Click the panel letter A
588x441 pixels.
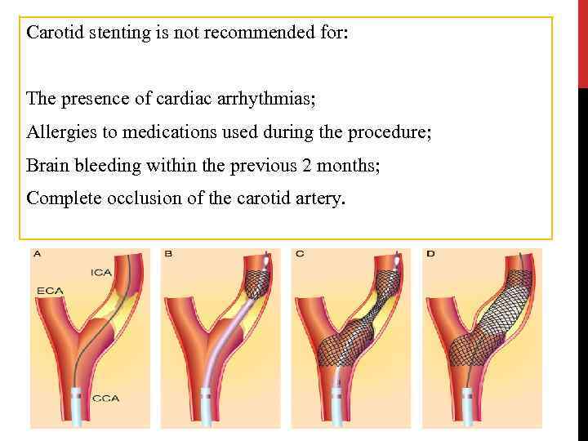(x=38, y=254)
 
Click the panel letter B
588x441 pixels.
(x=167, y=254)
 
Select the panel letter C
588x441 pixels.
(x=299, y=254)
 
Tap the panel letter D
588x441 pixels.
(x=430, y=254)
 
